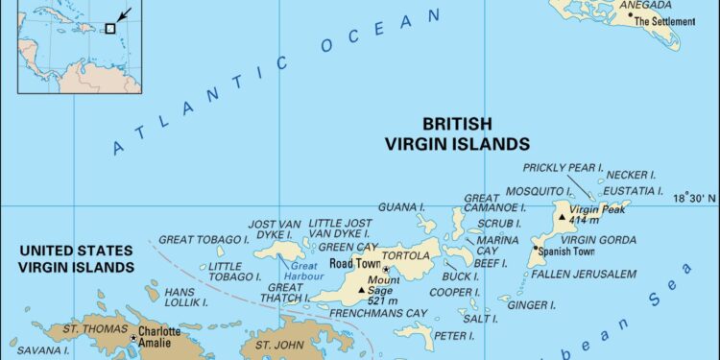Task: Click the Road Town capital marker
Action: coord(385,270)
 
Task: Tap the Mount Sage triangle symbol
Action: coord(362,290)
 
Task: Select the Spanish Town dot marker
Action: coord(535,249)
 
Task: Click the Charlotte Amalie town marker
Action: coord(133,338)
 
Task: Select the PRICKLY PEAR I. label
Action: coord(564,168)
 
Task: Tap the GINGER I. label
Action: coord(532,305)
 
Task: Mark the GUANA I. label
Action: coord(401,206)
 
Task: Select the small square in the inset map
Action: coord(110,28)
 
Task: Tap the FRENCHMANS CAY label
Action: coord(378,314)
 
